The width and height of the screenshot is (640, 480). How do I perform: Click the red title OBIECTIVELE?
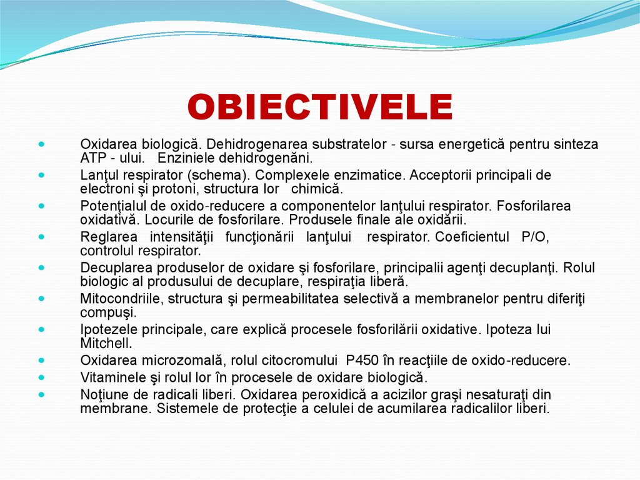coord(320,107)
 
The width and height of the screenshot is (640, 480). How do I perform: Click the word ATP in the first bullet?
coord(92,158)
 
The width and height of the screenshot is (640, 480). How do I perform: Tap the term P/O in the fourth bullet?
coord(534,237)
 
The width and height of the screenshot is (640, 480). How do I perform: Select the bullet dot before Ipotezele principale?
coord(41,329)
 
